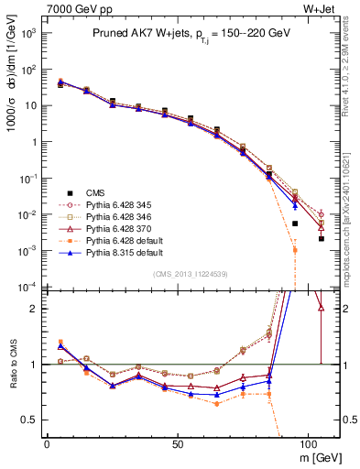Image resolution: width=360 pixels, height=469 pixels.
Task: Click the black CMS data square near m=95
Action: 295,224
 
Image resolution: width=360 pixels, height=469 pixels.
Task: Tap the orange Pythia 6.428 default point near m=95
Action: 295,250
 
